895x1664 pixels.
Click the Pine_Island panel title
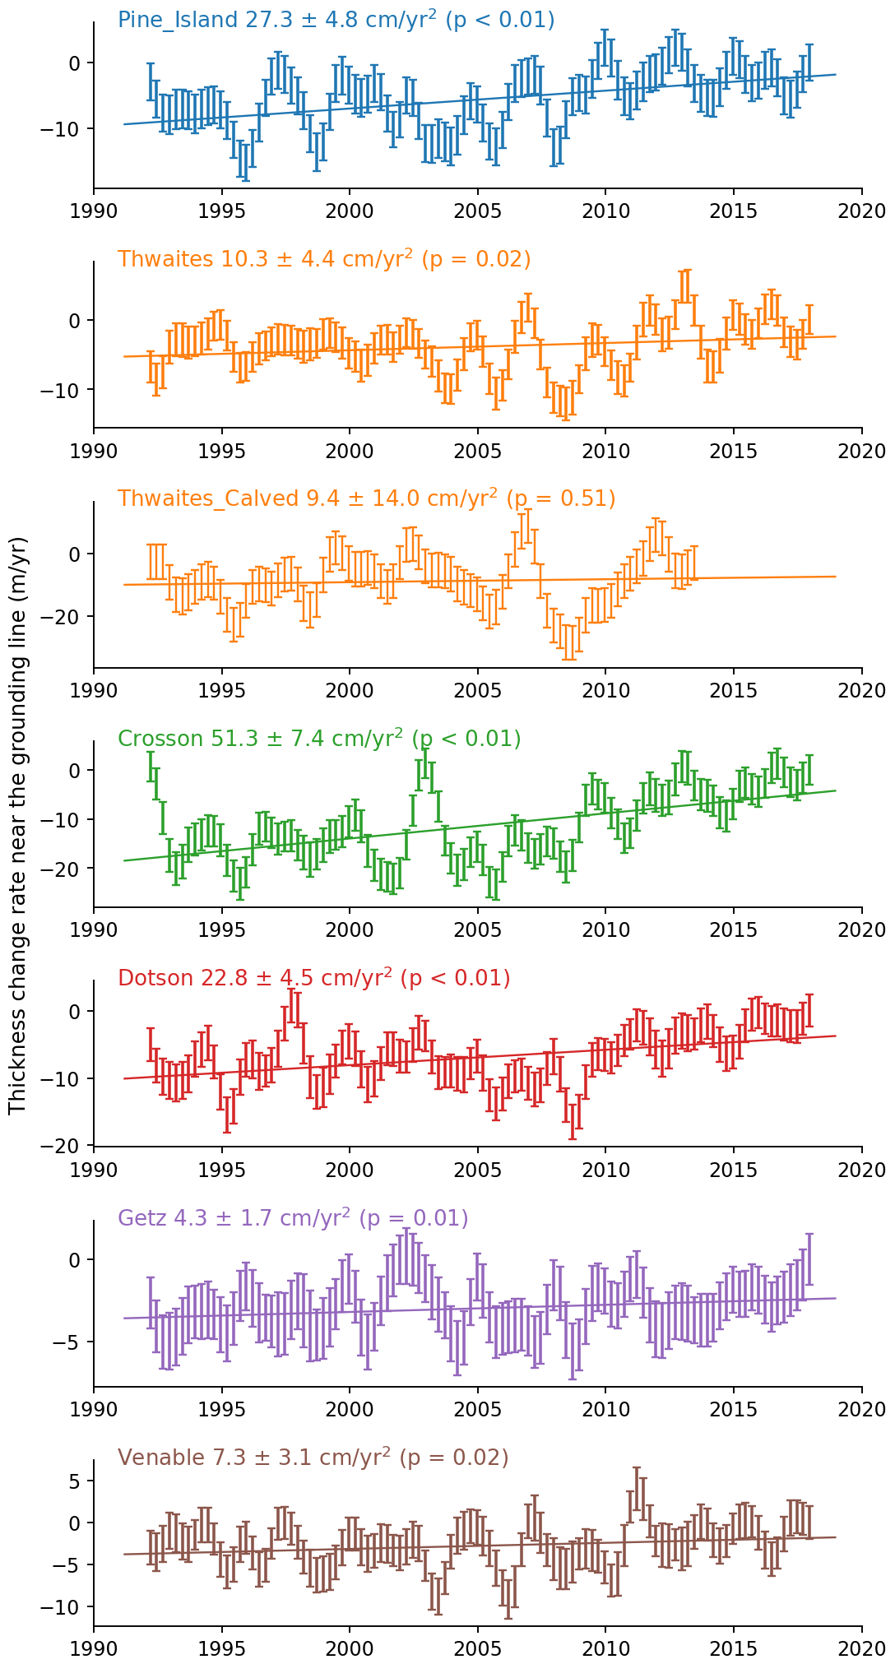(x=336, y=20)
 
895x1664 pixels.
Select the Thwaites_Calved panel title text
(x=366, y=498)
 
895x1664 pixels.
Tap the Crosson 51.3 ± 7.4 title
(x=319, y=739)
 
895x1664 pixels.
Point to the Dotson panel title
(x=313, y=978)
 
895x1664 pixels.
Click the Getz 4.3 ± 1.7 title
(x=293, y=1218)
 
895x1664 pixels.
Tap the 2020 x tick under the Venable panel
(x=861, y=1649)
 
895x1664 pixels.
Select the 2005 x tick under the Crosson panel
(x=478, y=930)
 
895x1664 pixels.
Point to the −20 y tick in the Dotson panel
(x=69, y=1146)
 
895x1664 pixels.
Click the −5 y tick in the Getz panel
(x=76, y=1342)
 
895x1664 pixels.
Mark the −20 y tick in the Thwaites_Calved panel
(x=69, y=616)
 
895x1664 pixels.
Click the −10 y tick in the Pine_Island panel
(x=69, y=128)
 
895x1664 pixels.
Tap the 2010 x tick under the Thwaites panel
(x=605, y=451)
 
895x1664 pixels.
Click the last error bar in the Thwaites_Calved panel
(x=694, y=563)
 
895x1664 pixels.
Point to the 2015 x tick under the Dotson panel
(x=734, y=1170)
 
